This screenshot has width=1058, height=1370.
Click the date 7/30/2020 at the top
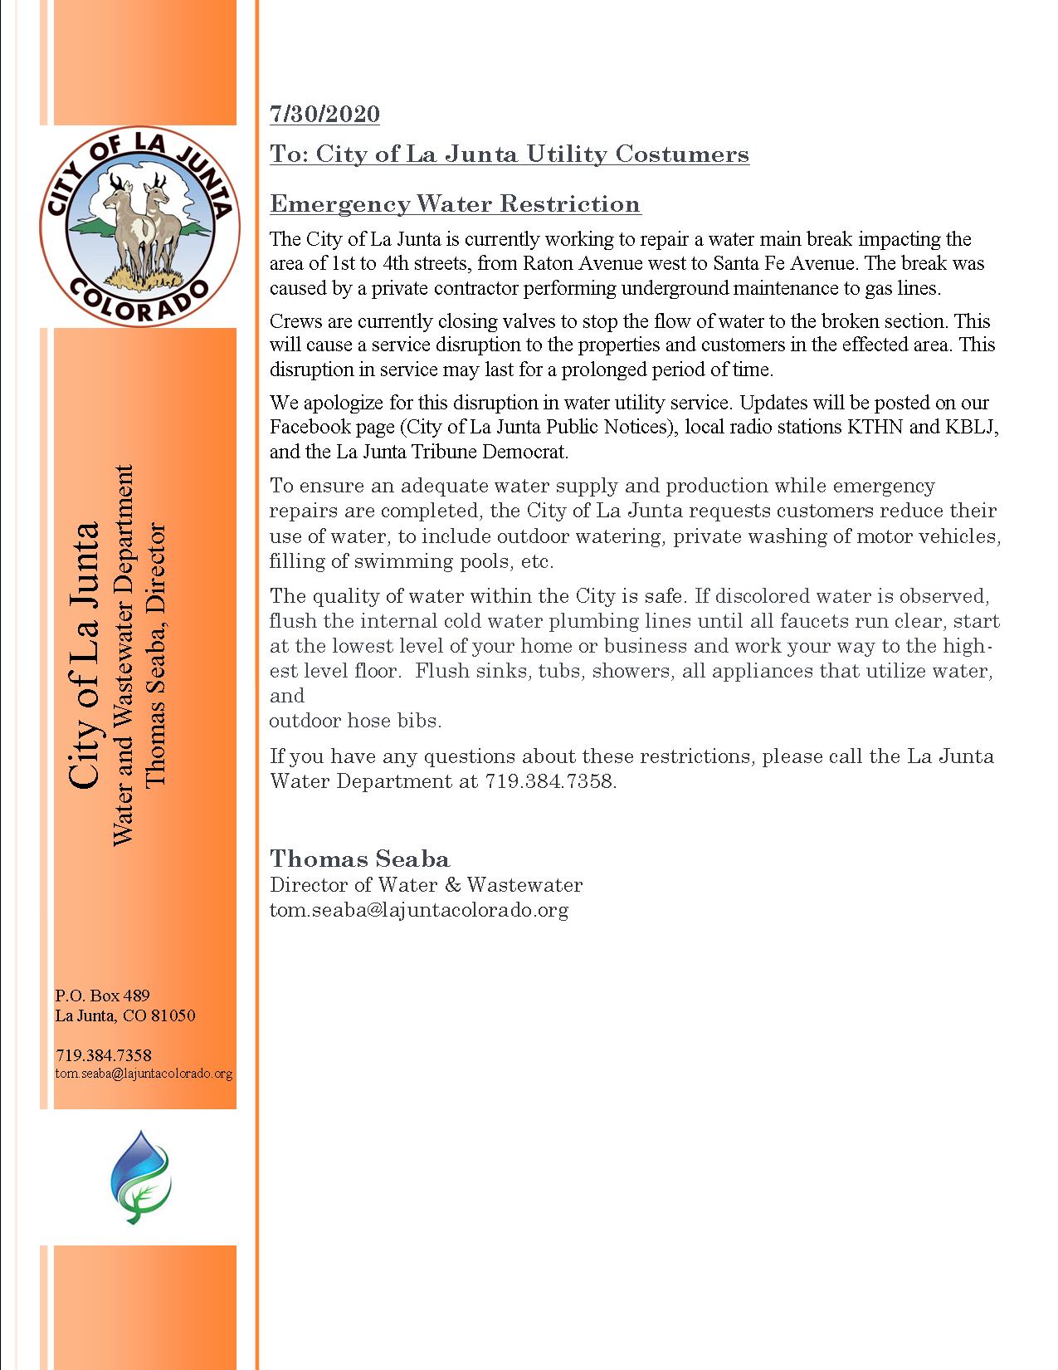click(x=324, y=114)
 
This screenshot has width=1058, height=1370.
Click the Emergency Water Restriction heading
click(x=455, y=203)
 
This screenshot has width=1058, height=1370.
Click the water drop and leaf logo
click(x=141, y=1176)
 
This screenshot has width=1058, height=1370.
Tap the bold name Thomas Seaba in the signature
click(x=359, y=859)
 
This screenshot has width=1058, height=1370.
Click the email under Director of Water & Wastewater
click(x=418, y=910)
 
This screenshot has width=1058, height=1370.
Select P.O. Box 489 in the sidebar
click(x=102, y=995)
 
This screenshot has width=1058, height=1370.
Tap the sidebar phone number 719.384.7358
click(x=103, y=1055)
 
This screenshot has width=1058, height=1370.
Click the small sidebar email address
click(x=144, y=1074)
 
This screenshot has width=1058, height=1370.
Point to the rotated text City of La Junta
click(x=84, y=656)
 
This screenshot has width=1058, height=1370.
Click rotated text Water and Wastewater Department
click(x=122, y=656)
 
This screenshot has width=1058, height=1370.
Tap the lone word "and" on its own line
click(x=287, y=696)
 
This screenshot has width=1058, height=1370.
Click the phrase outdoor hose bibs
click(x=355, y=721)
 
